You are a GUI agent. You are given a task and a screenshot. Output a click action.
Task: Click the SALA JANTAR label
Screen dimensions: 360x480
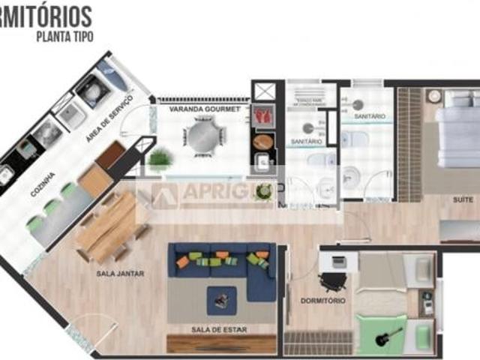coord(120,274)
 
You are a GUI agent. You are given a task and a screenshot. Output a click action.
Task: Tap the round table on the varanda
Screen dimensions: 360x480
coord(204,137)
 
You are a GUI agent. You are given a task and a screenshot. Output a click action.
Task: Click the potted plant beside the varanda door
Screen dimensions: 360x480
coord(160,159)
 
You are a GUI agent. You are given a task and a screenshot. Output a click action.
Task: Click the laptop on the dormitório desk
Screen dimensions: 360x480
coord(337,262)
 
